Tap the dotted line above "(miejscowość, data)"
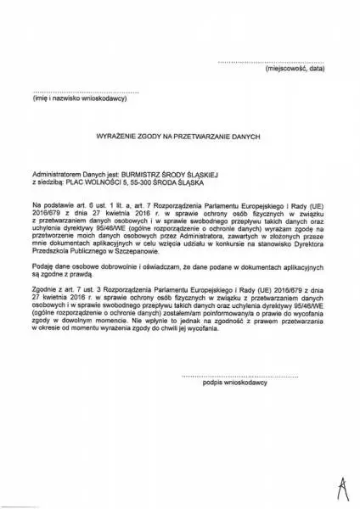[x=272, y=63]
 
